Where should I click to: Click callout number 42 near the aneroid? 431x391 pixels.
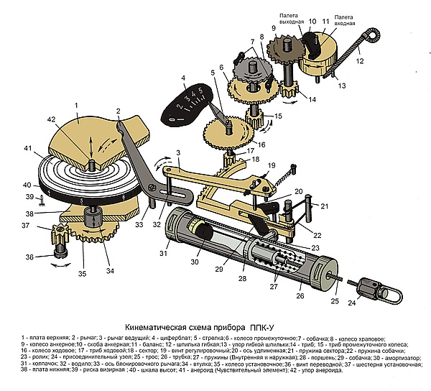pos(51,119)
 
